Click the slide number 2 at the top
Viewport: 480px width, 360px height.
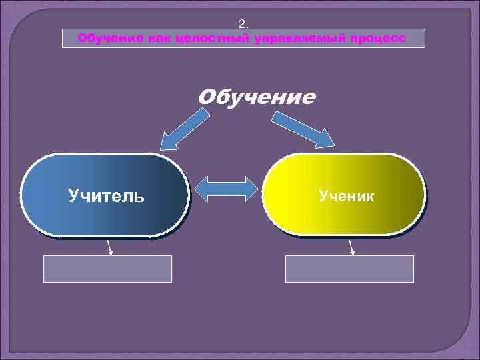coord(243,25)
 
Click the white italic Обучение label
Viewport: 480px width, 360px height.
coord(257,98)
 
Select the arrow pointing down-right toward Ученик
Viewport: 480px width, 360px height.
coord(303,129)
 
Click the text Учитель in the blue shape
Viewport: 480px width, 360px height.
coord(105,196)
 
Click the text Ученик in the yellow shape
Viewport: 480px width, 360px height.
coord(346,195)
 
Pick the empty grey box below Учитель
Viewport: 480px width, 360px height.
coord(108,269)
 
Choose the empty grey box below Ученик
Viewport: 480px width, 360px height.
coord(349,269)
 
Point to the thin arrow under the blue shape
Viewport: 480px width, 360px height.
coord(110,247)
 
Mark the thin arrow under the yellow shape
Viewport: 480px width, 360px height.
coord(351,247)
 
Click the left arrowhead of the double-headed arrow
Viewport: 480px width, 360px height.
coord(203,189)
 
